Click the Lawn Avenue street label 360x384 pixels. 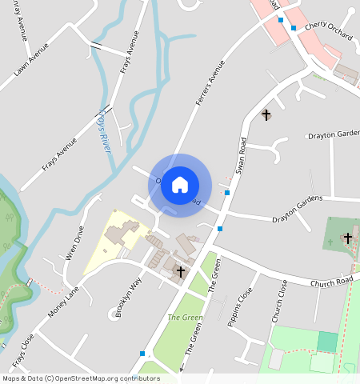click(31, 60)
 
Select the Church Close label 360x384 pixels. click(278, 302)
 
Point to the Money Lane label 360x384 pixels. click(65, 302)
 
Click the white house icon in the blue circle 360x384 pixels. click(180, 184)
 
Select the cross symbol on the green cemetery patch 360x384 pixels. click(347, 238)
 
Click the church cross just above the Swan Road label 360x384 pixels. click(266, 115)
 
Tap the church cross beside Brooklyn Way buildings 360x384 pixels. click(181, 272)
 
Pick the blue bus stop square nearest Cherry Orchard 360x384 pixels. click(294, 28)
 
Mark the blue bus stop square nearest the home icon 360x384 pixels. click(228, 193)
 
